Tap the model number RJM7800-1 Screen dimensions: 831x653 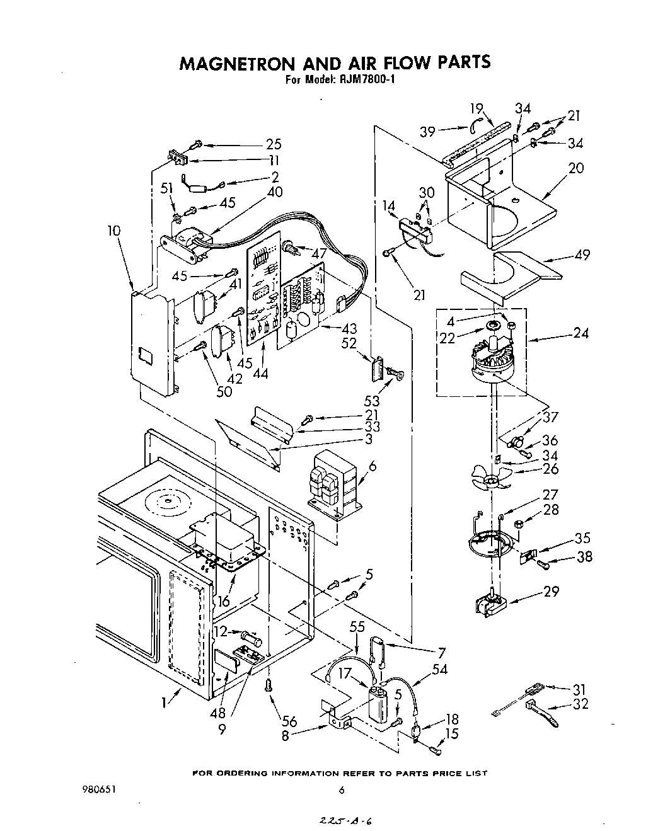(x=366, y=80)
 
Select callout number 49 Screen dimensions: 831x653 (x=582, y=255)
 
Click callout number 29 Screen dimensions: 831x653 (x=551, y=592)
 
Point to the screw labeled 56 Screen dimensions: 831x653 (x=270, y=685)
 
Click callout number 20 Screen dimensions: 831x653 (x=576, y=168)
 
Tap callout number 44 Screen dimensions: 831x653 (x=259, y=374)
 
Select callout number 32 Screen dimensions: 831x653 (x=581, y=704)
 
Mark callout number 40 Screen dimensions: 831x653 (x=275, y=192)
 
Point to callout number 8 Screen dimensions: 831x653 (x=286, y=735)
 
